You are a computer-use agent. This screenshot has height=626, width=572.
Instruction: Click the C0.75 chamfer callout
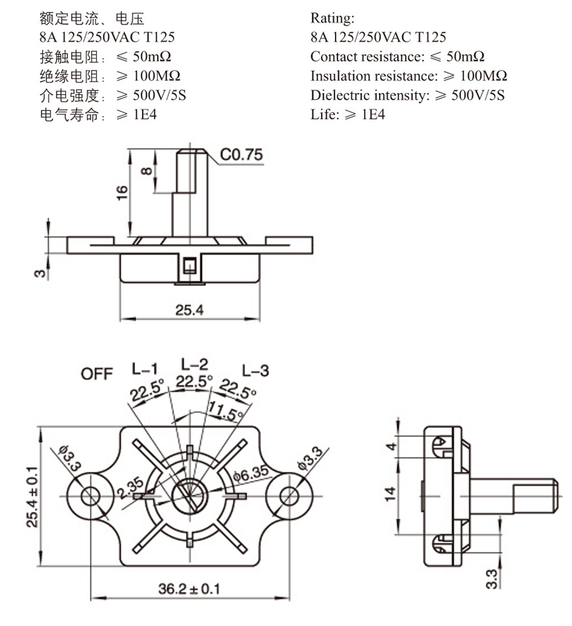241,155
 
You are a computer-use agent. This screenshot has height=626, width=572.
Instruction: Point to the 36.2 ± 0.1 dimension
189,589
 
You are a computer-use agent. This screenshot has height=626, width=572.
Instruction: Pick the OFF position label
97,374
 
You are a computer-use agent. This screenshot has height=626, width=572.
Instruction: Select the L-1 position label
145,368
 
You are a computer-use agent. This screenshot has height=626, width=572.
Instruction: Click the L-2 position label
194,363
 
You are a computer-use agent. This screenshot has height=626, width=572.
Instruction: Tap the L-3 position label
255,371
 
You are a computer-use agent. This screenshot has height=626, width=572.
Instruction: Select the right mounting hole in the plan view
289,493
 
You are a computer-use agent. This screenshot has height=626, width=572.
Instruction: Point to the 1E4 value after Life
374,114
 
